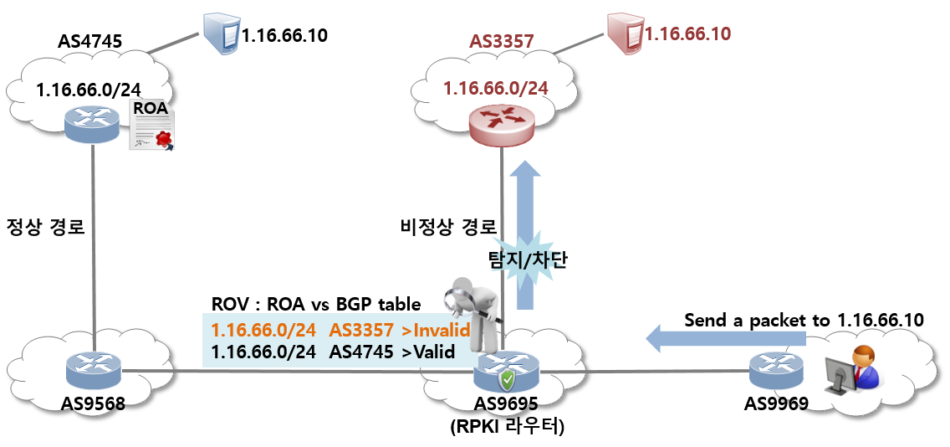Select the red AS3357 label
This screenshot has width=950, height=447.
click(x=501, y=41)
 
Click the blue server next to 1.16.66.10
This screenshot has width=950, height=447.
click(x=221, y=33)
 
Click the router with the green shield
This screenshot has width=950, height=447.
click(x=506, y=372)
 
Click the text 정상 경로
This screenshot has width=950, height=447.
click(x=45, y=227)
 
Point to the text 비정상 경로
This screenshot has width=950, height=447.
click(x=447, y=227)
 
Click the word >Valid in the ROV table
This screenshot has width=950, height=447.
click(x=427, y=352)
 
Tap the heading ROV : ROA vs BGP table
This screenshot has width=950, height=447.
click(x=316, y=305)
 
